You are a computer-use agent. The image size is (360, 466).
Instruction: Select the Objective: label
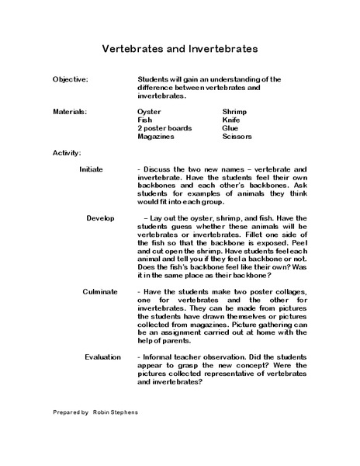tap(71, 80)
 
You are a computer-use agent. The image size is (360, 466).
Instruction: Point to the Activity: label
tap(67, 151)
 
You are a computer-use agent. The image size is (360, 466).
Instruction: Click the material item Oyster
tap(148, 112)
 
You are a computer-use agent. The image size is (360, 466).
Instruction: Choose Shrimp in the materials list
tap(234, 112)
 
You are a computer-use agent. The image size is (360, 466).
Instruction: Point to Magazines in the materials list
tap(155, 137)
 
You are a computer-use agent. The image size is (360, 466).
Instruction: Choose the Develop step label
tap(101, 218)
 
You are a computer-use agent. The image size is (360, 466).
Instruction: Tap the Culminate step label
tap(100, 290)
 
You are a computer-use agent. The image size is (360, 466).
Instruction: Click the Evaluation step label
tap(102, 356)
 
